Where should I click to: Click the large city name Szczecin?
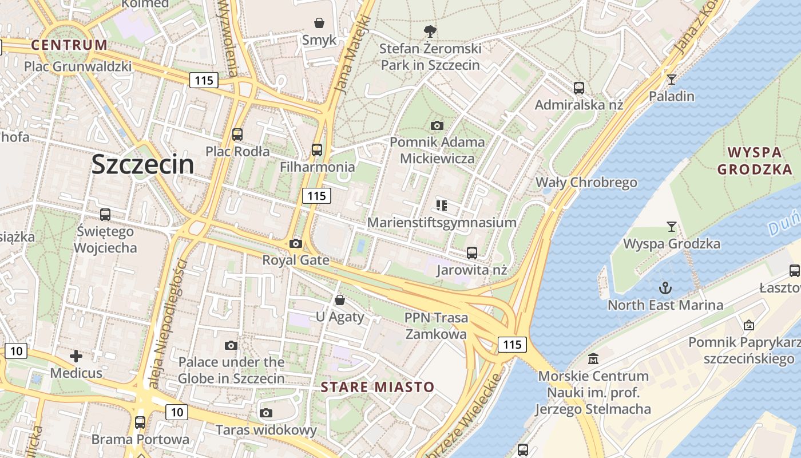(142, 165)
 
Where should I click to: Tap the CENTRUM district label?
(69, 45)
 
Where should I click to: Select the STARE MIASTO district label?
(378, 387)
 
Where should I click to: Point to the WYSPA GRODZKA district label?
(755, 161)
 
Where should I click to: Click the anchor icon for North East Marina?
(665, 288)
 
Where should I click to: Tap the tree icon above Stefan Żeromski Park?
(430, 31)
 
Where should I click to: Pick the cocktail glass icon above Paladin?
(672, 79)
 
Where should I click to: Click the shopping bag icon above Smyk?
(319, 23)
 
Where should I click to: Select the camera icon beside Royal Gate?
(295, 243)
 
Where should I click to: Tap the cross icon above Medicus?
(76, 357)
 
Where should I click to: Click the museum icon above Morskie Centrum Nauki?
(593, 359)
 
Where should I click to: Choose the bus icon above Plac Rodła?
(237, 135)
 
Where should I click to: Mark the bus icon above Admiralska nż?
(579, 88)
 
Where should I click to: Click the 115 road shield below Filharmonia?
(316, 196)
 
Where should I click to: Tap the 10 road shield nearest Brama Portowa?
(177, 412)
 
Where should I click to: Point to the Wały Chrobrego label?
(586, 183)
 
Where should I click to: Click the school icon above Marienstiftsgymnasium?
(441, 205)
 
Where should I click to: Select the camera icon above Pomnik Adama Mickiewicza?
(437, 125)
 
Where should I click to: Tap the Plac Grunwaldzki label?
(78, 66)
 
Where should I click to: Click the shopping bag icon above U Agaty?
(340, 299)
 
